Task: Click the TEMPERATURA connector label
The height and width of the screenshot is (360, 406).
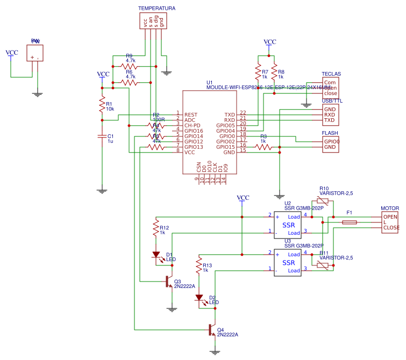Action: [x=156, y=9]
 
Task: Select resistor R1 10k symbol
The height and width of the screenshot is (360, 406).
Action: [x=102, y=105]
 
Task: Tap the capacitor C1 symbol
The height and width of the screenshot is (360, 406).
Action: [x=102, y=137]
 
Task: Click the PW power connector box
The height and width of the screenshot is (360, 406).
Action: [x=35, y=53]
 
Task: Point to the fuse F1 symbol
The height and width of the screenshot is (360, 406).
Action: [x=350, y=222]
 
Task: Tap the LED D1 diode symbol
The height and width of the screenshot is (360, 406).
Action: [x=156, y=255]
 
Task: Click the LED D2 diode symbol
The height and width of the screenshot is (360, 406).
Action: [x=199, y=298]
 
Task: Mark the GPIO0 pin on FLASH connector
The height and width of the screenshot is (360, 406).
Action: [x=331, y=141]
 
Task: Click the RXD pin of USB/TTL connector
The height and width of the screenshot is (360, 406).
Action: [x=330, y=114]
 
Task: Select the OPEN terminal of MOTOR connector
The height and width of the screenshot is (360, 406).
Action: [x=390, y=217]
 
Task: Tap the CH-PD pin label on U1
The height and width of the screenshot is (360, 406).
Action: [x=193, y=125]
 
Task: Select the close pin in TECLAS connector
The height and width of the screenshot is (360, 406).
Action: [x=331, y=93]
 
